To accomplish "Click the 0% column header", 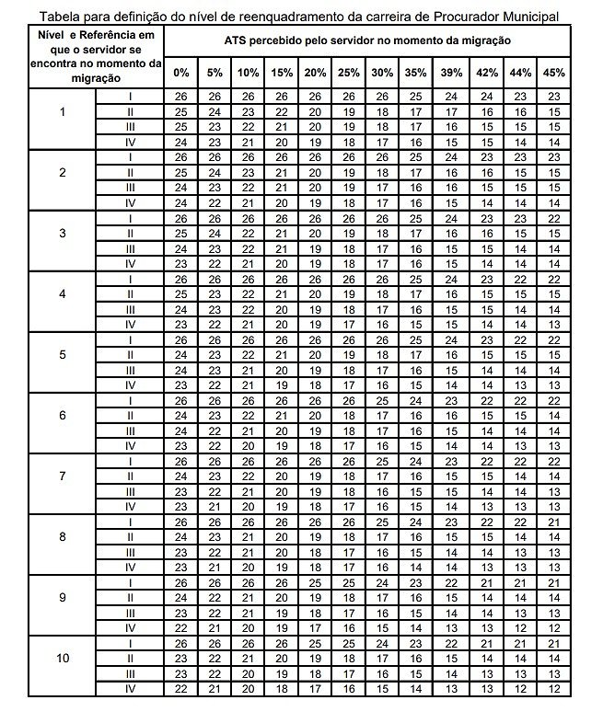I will (181, 73).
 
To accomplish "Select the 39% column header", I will (452, 73).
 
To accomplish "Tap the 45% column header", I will (554, 73).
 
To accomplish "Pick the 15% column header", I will (282, 73).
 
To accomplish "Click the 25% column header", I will (349, 73).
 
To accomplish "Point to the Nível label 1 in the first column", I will (63, 112).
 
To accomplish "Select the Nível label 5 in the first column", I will (63, 354).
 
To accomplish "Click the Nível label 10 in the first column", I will (63, 659).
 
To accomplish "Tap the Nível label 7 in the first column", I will (63, 476).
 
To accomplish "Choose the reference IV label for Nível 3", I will (130, 263).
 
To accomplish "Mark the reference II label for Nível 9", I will (130, 598).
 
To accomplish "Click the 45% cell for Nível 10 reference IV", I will (554, 689).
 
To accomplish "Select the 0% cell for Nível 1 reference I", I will (181, 97).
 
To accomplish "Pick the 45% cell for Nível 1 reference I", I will (554, 97).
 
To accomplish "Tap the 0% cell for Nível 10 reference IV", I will (181, 689).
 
